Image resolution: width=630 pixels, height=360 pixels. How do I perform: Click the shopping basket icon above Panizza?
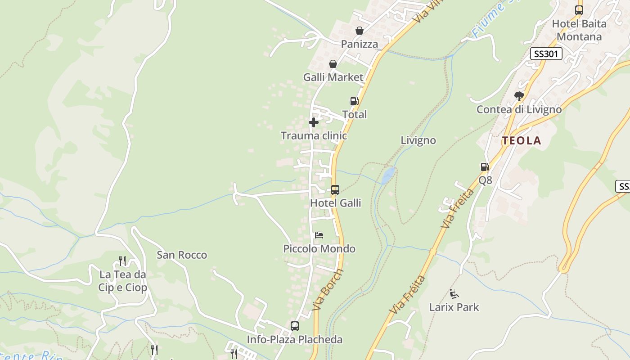click(359, 31)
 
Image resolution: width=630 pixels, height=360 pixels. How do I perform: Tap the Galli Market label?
click(333, 77)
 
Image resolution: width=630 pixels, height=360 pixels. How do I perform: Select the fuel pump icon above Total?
click(354, 102)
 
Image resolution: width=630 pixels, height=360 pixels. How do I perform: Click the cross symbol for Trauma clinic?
click(314, 122)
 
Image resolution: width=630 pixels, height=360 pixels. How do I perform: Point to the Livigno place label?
click(418, 140)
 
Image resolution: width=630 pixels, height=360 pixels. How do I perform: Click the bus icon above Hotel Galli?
click(335, 190)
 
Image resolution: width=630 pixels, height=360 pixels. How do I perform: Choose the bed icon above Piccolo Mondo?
click(319, 235)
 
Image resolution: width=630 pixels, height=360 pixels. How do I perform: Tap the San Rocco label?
click(182, 255)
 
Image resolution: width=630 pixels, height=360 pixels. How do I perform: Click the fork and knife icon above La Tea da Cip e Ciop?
click(122, 261)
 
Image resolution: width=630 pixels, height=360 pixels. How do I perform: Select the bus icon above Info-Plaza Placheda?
click(295, 326)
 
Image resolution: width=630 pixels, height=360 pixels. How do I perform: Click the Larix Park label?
click(454, 307)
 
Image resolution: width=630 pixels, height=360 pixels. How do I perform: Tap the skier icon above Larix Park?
click(454, 294)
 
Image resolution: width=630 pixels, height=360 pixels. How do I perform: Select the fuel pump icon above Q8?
click(485, 167)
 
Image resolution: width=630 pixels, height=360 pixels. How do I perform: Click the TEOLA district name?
click(522, 141)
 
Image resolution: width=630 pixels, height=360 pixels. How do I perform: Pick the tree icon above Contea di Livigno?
click(519, 96)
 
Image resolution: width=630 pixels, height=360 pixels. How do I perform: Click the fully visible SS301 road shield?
click(546, 54)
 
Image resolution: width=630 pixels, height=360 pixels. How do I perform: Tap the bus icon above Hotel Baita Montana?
click(579, 10)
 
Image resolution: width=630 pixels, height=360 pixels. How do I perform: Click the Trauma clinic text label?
click(314, 135)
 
